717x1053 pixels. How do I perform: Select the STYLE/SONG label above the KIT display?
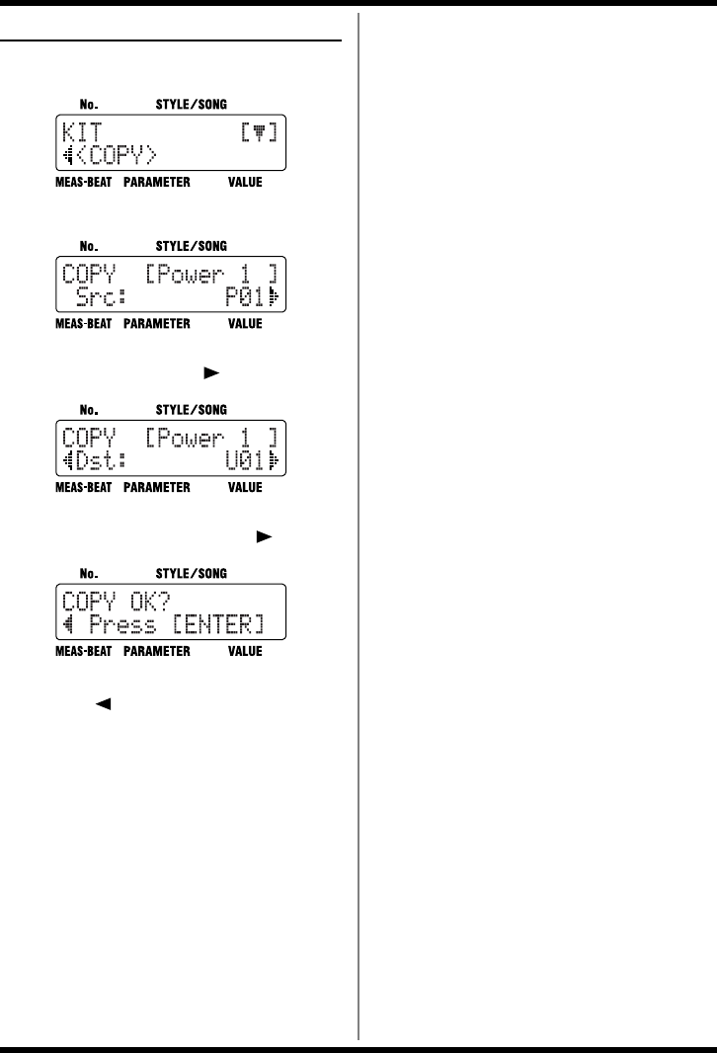[191, 102]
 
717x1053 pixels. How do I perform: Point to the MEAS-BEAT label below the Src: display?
[85, 323]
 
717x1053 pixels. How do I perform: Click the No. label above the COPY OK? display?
[89, 572]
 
